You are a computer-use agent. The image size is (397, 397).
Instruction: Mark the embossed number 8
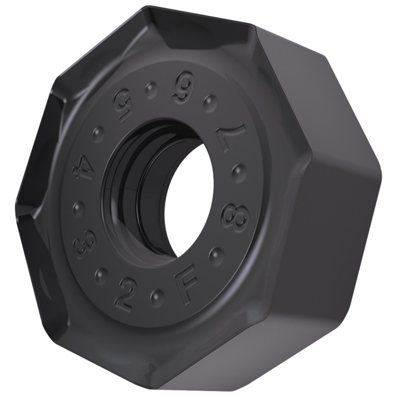(235, 216)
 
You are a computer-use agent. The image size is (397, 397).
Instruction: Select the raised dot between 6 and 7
(210, 103)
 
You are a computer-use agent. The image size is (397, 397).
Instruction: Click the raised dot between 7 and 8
(239, 172)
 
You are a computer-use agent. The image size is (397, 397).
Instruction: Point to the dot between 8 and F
(216, 256)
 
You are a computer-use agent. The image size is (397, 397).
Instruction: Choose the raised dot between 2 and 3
(101, 274)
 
